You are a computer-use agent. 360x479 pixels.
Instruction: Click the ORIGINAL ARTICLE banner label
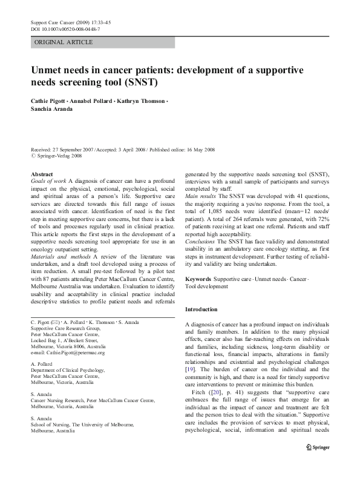64,42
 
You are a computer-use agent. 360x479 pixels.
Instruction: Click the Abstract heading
41,174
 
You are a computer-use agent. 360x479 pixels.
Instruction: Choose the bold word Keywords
198,279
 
